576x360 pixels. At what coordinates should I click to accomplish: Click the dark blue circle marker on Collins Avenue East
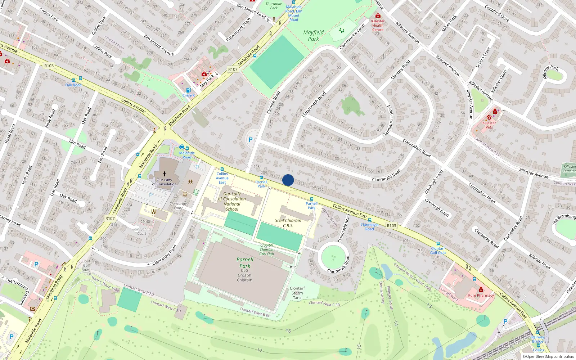point(288,180)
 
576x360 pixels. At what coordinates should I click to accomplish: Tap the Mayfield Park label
point(313,36)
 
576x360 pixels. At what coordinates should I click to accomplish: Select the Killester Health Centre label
point(378,25)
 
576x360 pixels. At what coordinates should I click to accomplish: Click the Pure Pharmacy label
point(481,296)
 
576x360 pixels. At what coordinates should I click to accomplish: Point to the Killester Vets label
point(489,125)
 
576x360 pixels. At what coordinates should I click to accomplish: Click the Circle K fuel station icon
point(188,90)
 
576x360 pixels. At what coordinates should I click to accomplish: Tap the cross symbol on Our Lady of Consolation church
point(165,174)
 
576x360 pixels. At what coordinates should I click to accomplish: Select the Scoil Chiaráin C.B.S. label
point(288,223)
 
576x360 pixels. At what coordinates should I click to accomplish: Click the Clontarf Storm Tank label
point(297,293)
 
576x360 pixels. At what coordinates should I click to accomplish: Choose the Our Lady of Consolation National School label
point(232,201)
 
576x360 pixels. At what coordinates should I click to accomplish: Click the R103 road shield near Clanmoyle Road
point(391,226)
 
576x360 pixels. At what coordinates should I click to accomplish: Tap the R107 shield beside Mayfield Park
point(233,69)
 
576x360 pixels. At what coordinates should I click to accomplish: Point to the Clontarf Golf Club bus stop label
point(438,251)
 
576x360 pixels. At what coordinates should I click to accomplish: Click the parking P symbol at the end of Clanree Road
point(251,140)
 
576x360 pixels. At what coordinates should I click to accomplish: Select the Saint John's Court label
point(141,231)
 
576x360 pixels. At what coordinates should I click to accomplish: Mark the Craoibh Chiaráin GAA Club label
point(267,249)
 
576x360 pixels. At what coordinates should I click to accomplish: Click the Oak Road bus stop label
point(73,85)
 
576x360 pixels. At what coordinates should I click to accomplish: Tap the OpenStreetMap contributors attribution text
point(548,356)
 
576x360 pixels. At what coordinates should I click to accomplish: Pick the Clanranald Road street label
point(386,176)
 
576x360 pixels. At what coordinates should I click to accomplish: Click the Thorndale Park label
point(274,6)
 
